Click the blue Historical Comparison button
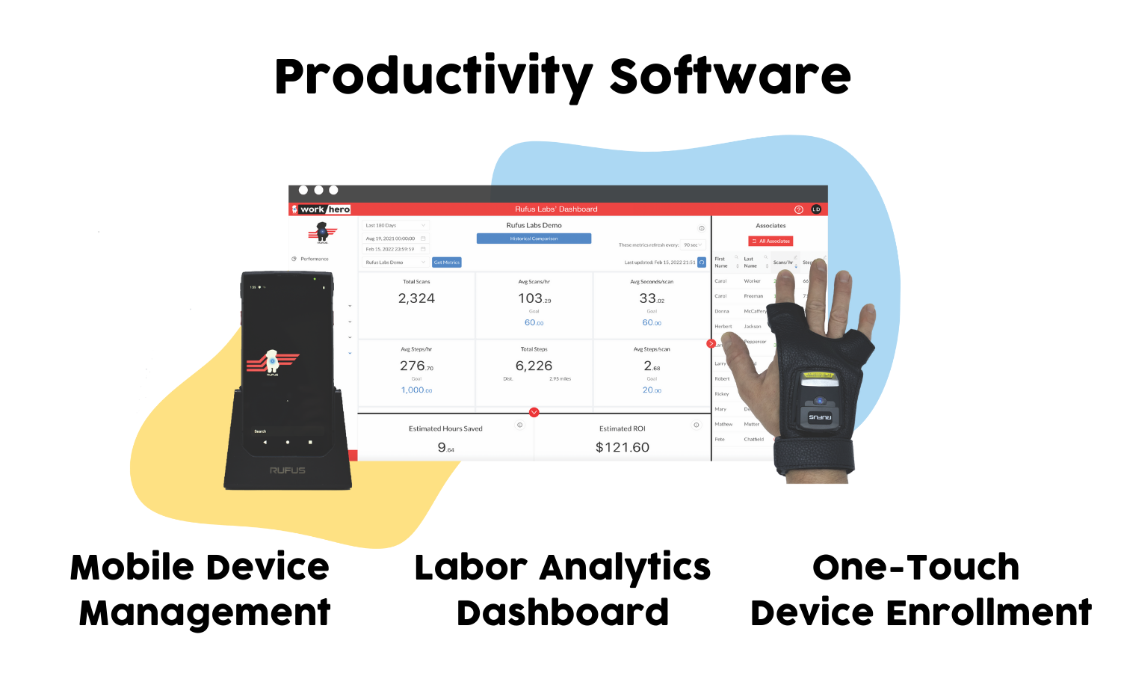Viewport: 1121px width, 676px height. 534,239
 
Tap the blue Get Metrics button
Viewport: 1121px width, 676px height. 447,262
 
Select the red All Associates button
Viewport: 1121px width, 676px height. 771,241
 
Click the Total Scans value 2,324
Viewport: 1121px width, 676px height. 416,298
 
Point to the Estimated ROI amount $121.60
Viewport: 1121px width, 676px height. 622,447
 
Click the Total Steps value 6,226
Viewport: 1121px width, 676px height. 534,366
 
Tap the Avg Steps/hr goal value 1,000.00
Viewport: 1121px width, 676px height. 416,390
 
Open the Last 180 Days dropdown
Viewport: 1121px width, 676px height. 395,225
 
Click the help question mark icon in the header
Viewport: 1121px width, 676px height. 798,209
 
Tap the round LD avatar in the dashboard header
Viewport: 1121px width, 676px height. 816,209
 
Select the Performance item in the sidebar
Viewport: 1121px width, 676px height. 314,259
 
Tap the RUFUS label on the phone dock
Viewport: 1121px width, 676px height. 288,470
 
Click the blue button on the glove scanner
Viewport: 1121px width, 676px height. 820,401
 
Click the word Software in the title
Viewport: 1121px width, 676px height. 730,76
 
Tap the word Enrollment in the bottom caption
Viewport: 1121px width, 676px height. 989,613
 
